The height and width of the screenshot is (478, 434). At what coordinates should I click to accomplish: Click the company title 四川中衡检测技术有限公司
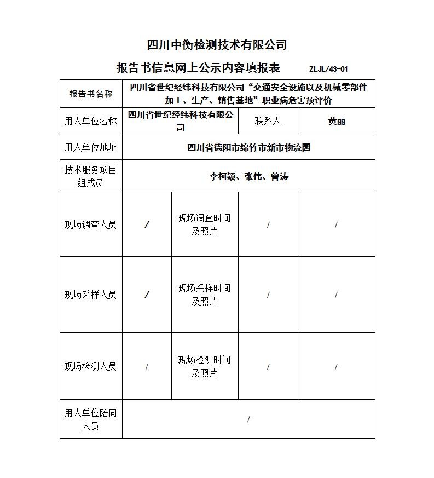tap(217, 45)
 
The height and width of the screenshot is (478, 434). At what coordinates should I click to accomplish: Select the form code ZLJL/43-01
tap(328, 69)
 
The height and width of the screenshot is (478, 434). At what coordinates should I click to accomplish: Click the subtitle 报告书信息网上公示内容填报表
tap(198, 68)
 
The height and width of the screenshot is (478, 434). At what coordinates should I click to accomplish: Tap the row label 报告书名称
tap(91, 94)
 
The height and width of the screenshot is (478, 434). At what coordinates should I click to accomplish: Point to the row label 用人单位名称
tap(91, 121)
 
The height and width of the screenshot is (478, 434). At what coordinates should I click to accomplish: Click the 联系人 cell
tap(268, 121)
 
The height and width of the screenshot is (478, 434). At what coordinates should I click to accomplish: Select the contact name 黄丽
tap(336, 122)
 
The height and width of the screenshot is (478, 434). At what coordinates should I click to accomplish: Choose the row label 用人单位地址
tap(91, 147)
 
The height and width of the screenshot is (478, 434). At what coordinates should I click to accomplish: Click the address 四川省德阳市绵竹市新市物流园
tap(248, 147)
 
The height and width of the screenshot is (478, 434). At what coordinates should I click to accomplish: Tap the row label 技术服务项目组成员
tap(91, 176)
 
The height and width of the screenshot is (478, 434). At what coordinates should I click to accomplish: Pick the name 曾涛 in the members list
tap(280, 177)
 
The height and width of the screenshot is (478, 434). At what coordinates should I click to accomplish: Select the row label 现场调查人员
tap(91, 224)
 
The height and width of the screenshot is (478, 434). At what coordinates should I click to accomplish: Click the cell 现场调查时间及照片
tap(204, 224)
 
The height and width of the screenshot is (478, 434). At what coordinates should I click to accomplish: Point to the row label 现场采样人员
tap(91, 295)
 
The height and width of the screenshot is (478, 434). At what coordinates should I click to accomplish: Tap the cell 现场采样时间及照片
tap(204, 295)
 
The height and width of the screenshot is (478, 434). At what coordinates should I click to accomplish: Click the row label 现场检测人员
tap(91, 366)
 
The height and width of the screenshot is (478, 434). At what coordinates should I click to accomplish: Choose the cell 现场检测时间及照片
tap(204, 366)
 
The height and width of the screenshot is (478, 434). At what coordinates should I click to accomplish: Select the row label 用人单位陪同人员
tap(91, 419)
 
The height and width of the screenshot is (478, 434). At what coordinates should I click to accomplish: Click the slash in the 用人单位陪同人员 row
tap(248, 419)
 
